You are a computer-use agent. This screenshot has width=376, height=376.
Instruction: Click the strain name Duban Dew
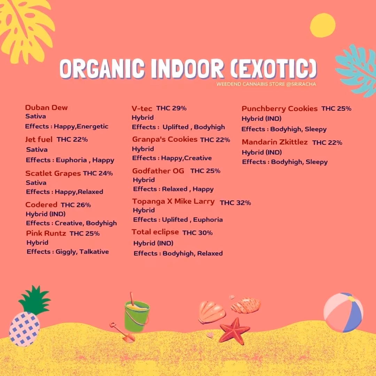click(x=46, y=108)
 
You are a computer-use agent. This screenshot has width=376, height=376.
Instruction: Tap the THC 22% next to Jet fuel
click(x=72, y=139)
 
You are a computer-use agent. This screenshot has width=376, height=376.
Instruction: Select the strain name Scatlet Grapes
click(x=53, y=173)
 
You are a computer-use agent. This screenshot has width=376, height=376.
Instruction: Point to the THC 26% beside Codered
click(x=76, y=205)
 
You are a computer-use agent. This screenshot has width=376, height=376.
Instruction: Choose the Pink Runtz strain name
click(x=46, y=233)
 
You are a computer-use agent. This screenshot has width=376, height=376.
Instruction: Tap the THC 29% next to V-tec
click(x=171, y=108)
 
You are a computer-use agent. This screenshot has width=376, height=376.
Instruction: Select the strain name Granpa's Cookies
click(x=165, y=139)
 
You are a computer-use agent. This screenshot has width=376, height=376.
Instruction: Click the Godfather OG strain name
click(x=158, y=171)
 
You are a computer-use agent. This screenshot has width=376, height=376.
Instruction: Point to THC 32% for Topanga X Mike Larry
click(x=235, y=203)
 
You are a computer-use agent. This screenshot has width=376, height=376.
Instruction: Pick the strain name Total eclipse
click(x=155, y=232)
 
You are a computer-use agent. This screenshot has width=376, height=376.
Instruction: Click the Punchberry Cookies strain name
click(x=280, y=109)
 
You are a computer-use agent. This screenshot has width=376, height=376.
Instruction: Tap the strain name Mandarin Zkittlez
click(x=275, y=142)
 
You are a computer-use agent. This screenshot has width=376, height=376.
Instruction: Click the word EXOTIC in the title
click(x=273, y=69)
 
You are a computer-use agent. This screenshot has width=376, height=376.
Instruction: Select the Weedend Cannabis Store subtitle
click(x=266, y=84)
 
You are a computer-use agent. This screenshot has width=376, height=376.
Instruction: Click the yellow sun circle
click(x=322, y=25)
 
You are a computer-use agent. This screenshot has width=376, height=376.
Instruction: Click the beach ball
click(x=343, y=312)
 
